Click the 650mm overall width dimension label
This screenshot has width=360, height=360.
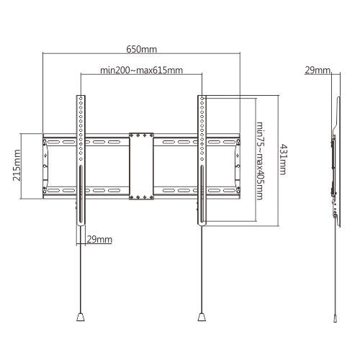tap(141, 50)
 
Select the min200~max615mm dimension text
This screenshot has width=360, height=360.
tap(141, 71)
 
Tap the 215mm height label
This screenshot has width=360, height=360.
tap(17, 166)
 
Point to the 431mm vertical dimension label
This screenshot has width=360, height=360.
tap(283, 158)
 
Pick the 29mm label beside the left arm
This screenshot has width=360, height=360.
tap(99, 238)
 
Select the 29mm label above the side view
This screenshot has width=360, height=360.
tap(317, 71)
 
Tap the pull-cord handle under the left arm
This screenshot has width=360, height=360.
tap(79, 315)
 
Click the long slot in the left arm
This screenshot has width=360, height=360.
tap(79, 191)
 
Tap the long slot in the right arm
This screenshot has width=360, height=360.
tap(202, 191)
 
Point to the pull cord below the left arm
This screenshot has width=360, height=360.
tap(79, 274)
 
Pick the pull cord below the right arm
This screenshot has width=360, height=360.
tap(202, 274)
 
